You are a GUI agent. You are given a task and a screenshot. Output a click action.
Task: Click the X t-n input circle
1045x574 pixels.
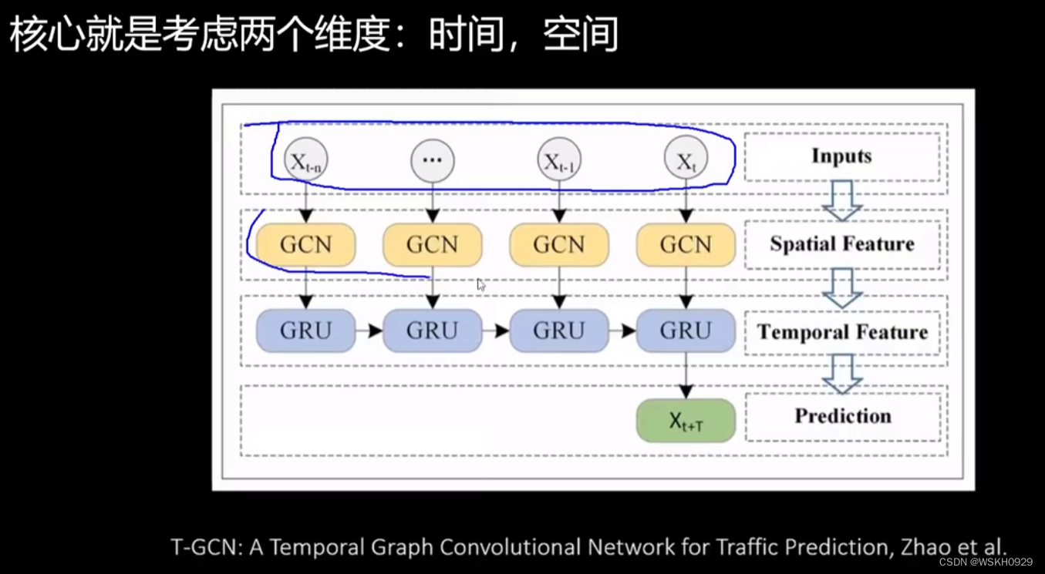tap(305, 160)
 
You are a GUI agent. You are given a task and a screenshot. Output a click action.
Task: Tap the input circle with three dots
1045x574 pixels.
tap(433, 160)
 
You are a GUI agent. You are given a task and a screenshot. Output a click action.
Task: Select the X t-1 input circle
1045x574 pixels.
tap(559, 160)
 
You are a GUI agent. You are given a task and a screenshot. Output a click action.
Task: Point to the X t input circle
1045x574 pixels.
tap(686, 160)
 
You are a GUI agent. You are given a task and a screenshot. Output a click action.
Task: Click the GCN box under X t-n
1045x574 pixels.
tap(306, 245)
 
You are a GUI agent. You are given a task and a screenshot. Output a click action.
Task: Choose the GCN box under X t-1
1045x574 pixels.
tap(559, 245)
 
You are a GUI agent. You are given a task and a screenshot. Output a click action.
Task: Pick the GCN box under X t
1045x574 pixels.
tap(686, 245)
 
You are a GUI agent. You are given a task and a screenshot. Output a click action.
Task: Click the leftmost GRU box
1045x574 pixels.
tap(306, 331)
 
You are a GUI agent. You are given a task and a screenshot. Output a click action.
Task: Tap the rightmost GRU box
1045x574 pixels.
tap(686, 331)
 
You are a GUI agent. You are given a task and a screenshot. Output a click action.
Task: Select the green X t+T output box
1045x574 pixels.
tap(686, 421)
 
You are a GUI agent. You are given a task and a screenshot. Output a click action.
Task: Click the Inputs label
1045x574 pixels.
tap(841, 156)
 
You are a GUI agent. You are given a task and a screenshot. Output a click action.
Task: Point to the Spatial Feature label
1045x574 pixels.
tap(841, 244)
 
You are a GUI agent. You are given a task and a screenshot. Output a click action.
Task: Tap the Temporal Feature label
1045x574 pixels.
tap(841, 332)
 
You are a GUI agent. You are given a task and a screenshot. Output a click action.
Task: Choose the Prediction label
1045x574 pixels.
tap(842, 416)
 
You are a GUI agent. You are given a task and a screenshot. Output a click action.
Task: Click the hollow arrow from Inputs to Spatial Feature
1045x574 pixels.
tap(841, 200)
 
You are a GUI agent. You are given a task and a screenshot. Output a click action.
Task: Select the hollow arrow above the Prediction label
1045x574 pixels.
tap(841, 374)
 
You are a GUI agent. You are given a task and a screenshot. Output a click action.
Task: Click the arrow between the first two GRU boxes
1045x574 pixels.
tap(369, 331)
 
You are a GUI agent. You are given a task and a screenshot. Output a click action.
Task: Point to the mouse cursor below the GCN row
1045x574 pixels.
tap(480, 284)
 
